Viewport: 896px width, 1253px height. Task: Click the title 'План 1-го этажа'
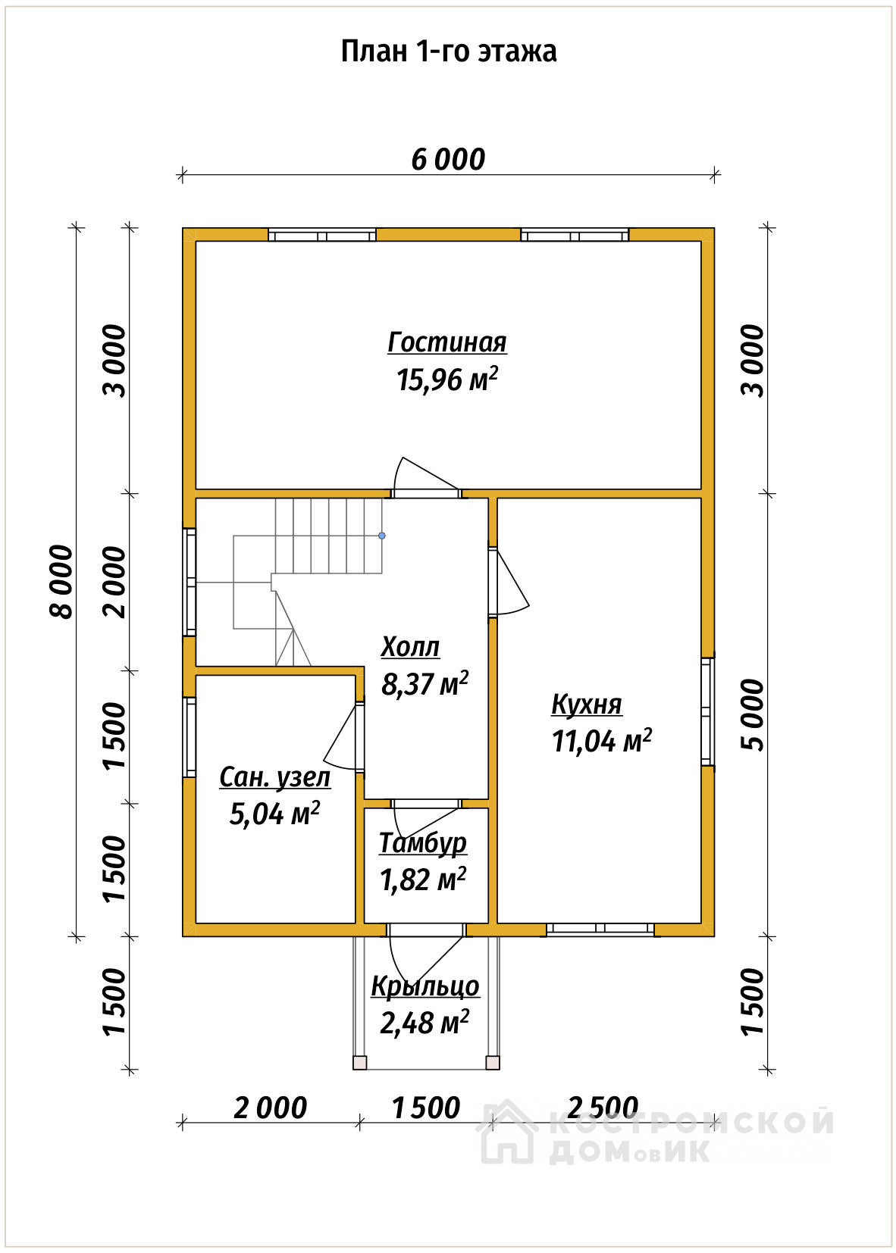(448, 52)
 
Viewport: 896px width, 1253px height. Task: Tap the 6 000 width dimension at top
(448, 160)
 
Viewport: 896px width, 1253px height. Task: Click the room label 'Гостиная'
(447, 342)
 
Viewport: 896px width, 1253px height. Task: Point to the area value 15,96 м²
(447, 380)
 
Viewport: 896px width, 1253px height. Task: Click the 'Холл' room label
(410, 647)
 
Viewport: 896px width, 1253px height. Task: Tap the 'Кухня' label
(587, 705)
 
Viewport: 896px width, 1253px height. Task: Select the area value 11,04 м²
(602, 741)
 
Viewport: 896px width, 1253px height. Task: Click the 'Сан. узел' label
(274, 777)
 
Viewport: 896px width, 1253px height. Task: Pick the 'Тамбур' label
(423, 844)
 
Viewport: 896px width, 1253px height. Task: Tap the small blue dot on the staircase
(382, 536)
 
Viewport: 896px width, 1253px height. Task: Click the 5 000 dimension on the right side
(753, 715)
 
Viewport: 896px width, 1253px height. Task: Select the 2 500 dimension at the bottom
(603, 1108)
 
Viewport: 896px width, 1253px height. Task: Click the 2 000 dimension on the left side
(114, 582)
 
